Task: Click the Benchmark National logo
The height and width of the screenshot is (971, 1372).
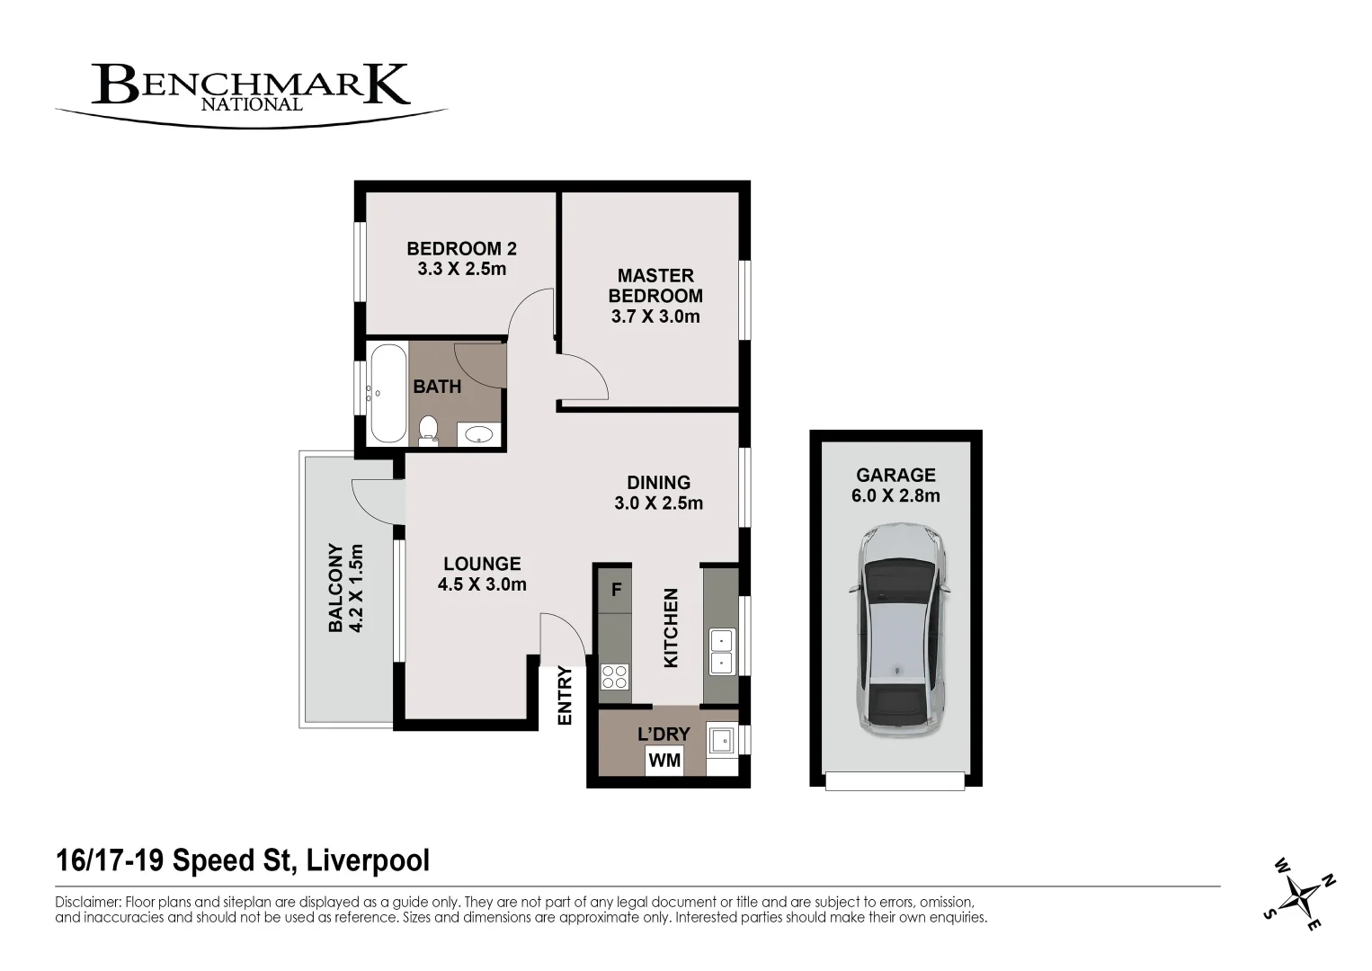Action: point(250,89)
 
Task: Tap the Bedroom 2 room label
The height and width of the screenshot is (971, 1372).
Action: point(461,248)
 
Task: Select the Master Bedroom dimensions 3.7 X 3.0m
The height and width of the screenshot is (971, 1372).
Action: point(655,316)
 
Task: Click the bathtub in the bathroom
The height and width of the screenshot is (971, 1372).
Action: point(388,393)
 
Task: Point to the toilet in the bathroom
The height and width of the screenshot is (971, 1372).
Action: point(428,430)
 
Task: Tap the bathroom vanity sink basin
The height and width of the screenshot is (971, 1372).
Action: point(480,435)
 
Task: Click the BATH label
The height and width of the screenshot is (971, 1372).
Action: point(437,387)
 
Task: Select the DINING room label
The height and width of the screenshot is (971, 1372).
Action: point(658,483)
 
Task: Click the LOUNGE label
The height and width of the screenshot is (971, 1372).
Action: point(482,564)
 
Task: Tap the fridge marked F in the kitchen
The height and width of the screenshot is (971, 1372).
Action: point(616,591)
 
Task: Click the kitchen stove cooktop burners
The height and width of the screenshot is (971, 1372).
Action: point(615,676)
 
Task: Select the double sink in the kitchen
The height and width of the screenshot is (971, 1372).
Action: point(721,652)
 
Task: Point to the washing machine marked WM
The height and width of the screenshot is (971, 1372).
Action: point(664,761)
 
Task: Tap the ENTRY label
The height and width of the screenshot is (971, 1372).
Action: point(565,695)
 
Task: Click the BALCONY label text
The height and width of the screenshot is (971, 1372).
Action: point(335,588)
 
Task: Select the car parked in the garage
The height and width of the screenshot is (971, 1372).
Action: point(899,629)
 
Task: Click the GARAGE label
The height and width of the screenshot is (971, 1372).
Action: point(895,475)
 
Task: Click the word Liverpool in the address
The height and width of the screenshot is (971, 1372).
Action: point(368,860)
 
